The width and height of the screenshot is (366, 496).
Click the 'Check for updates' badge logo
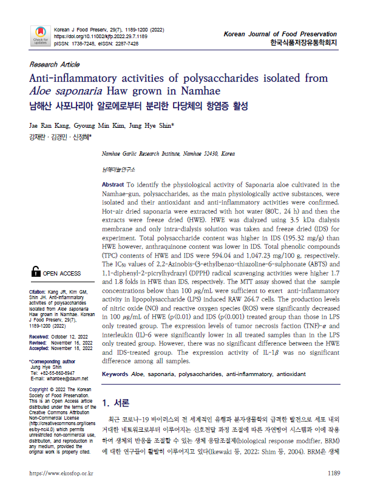tap(41, 35)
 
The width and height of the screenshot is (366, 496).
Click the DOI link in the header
tap(101, 36)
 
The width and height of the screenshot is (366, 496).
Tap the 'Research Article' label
tap(54, 64)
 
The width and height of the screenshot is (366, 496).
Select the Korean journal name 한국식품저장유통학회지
tap(303, 43)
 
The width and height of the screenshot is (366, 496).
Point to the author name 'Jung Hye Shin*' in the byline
tap(154, 125)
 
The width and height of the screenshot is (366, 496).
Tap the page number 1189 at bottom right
tap(334, 473)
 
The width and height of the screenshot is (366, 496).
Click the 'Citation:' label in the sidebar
tap(38, 292)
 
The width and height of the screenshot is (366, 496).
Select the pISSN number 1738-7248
tap(81, 44)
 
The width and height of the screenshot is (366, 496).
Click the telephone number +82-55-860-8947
tap(61, 372)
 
